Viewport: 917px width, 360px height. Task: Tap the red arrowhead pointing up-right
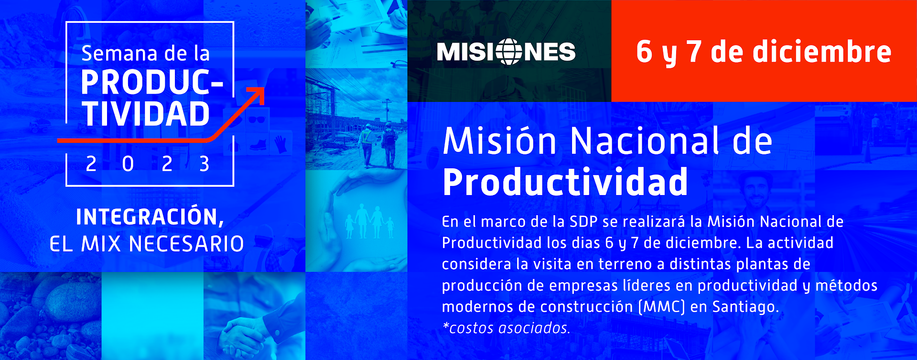(x=256, y=95)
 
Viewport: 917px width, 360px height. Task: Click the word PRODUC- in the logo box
(x=152, y=83)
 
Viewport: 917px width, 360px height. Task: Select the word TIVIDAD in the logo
(x=146, y=114)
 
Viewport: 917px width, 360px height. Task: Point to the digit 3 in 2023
(x=204, y=164)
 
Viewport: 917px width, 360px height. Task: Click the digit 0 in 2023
(x=128, y=164)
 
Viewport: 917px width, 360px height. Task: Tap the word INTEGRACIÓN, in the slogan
(x=150, y=217)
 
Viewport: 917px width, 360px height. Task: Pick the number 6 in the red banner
(x=644, y=52)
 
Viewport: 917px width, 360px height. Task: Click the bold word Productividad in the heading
(x=565, y=182)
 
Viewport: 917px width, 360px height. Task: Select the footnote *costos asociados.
(x=506, y=328)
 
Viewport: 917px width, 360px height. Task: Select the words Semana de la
(x=145, y=54)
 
